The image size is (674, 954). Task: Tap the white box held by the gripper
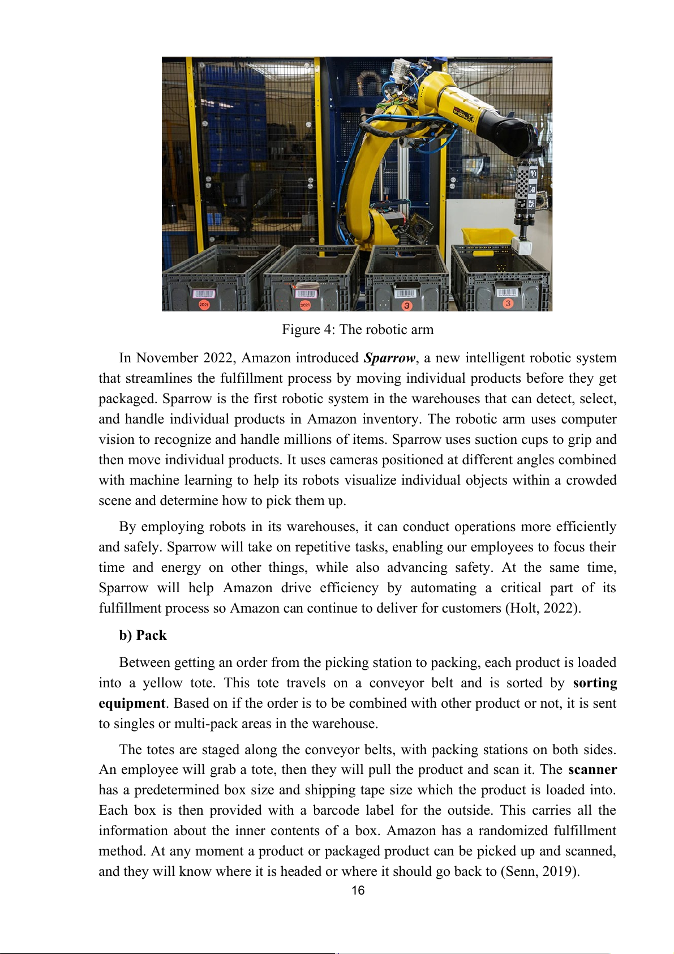tap(522, 246)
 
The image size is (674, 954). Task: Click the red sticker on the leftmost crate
tap(204, 305)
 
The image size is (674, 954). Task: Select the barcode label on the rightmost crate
tap(506, 292)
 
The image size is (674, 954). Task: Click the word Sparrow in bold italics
tap(389, 358)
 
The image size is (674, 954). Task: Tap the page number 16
tap(358, 891)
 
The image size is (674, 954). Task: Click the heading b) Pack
tap(143, 635)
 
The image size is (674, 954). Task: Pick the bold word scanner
tap(592, 770)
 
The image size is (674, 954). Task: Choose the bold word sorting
tap(595, 683)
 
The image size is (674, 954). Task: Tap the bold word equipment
tap(132, 704)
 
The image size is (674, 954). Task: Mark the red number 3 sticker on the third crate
tap(406, 306)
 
